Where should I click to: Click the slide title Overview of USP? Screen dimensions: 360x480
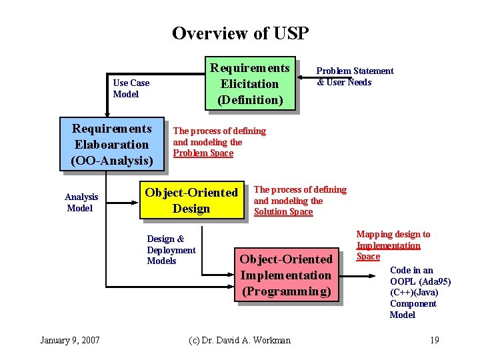(x=240, y=33)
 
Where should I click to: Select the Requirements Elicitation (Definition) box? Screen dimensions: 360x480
(x=250, y=83)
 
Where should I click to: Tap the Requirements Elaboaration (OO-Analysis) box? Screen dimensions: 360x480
(x=111, y=144)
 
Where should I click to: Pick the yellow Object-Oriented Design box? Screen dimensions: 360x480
(x=191, y=200)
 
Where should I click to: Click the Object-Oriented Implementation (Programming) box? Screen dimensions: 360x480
(x=286, y=275)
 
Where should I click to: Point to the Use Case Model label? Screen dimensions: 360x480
(x=131, y=88)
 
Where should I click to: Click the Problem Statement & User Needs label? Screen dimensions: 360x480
(x=354, y=76)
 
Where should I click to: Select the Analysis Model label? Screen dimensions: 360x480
(x=81, y=202)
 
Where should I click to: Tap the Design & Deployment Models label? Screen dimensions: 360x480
(x=171, y=249)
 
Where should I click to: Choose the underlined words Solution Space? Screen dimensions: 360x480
(x=283, y=211)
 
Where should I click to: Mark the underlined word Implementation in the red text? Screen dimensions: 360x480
(x=388, y=245)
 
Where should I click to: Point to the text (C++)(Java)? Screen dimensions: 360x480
(x=413, y=292)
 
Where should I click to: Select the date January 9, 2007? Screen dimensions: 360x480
(x=70, y=340)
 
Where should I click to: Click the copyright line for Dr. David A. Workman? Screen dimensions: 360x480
(x=239, y=340)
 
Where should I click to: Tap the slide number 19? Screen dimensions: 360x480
(x=434, y=340)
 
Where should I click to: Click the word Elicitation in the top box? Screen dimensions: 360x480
(x=250, y=83)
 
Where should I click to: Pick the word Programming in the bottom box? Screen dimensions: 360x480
(x=286, y=291)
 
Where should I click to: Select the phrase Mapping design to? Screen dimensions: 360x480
(x=393, y=234)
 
